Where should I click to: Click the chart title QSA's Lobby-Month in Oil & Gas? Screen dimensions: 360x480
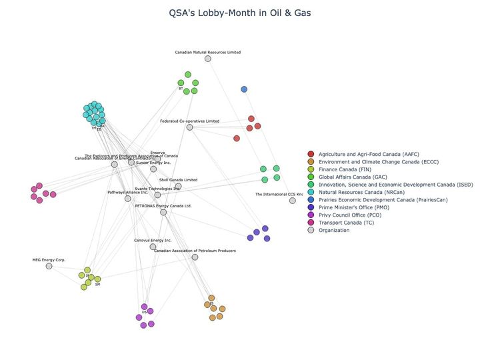click(240, 13)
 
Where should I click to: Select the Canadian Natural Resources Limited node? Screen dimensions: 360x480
click(208, 59)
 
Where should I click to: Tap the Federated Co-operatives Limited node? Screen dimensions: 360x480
click(190, 127)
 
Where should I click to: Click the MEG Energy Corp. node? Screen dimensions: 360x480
click(49, 266)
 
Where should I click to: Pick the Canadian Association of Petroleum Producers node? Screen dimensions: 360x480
click(195, 257)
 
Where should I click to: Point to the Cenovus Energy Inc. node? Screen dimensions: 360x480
click(153, 247)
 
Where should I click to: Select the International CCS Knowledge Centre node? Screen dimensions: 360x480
click(292, 201)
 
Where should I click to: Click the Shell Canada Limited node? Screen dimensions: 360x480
click(178, 187)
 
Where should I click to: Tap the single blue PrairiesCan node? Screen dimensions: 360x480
click(244, 89)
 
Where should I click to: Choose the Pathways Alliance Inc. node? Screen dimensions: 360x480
click(128, 199)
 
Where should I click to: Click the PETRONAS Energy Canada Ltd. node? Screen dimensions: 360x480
click(163, 213)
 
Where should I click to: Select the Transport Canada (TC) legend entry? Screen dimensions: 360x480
click(346, 223)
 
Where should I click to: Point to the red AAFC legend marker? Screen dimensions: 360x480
click(311, 155)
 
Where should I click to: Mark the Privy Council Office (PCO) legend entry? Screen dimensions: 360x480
click(351, 215)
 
